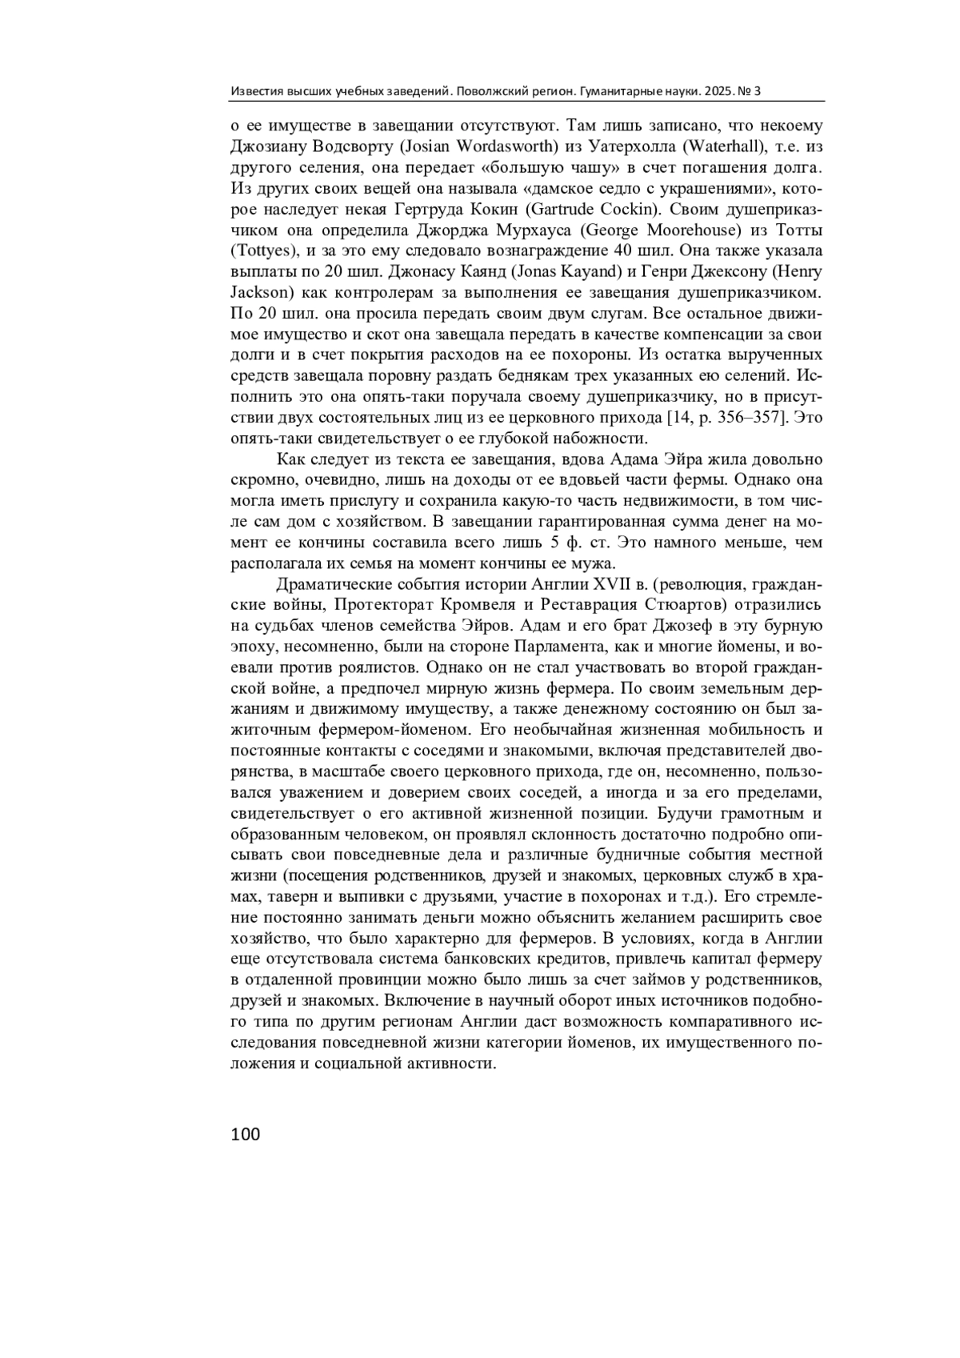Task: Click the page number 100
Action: pos(246,1134)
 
